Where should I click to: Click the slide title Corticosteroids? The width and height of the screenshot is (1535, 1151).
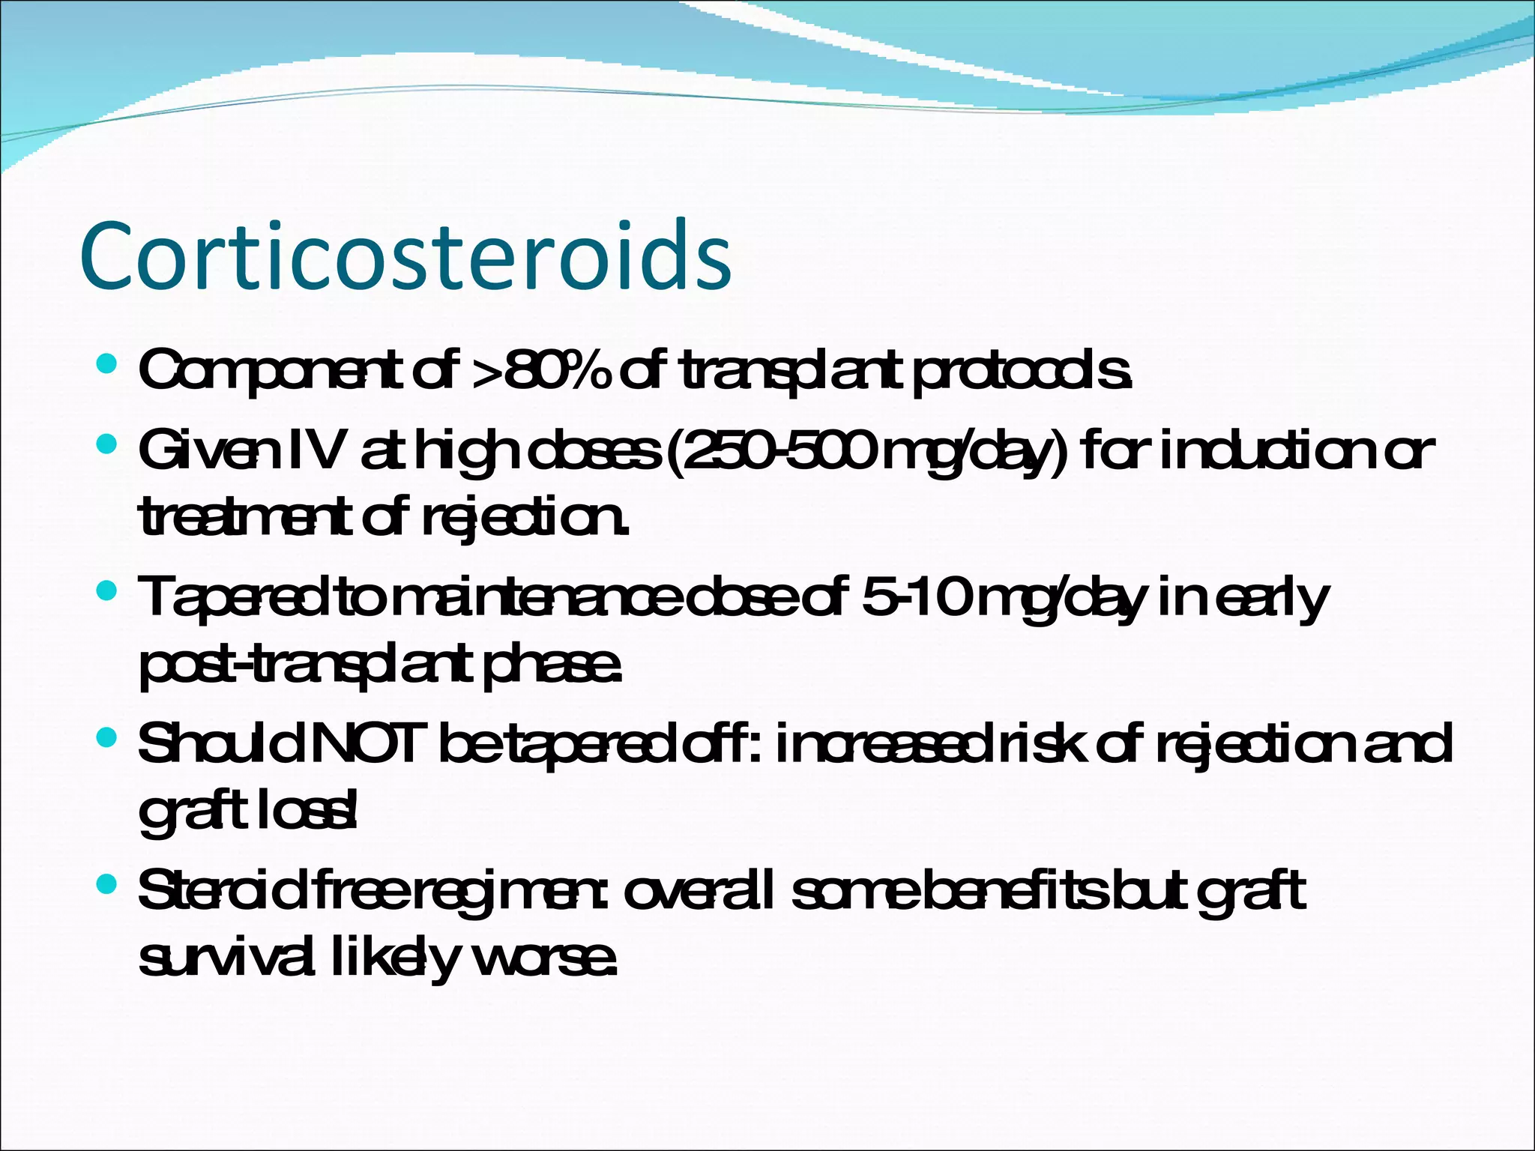(x=405, y=256)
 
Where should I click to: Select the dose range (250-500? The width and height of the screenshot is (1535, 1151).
(x=772, y=451)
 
